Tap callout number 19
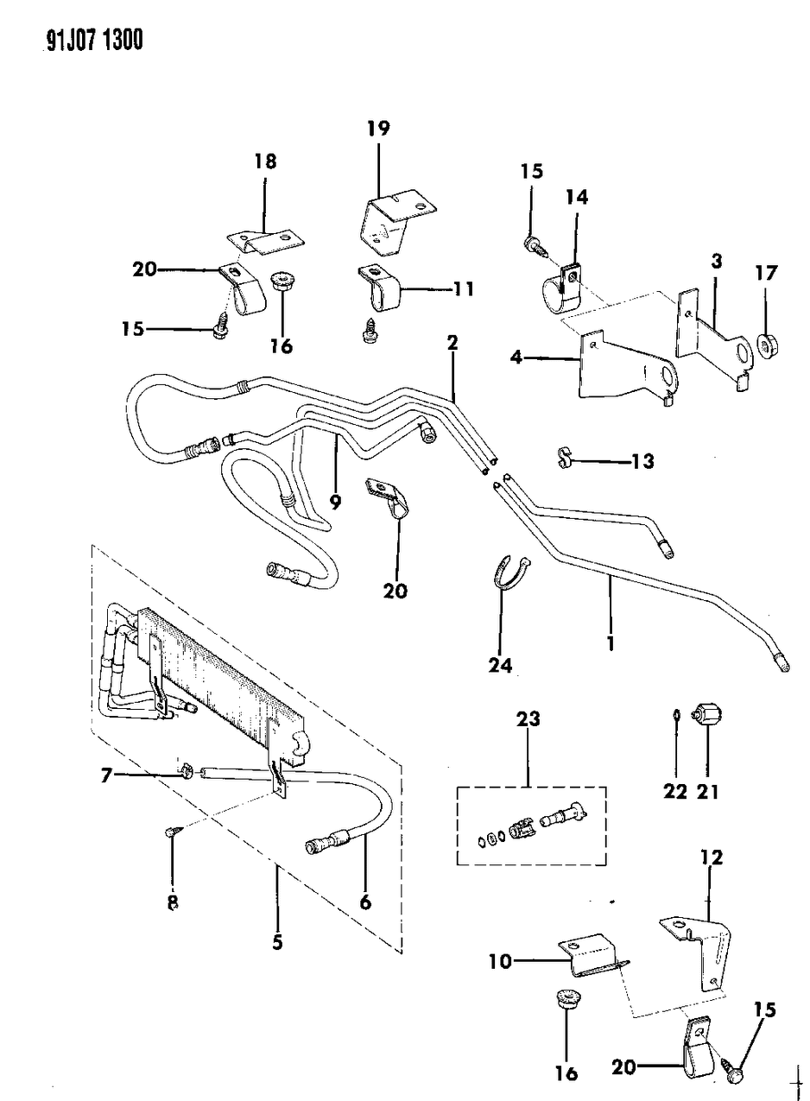377,130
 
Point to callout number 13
642,461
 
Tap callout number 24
501,665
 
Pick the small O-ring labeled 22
676,714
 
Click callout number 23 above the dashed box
528,718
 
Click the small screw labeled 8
171,832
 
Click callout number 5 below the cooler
277,942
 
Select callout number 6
364,902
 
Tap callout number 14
577,198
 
